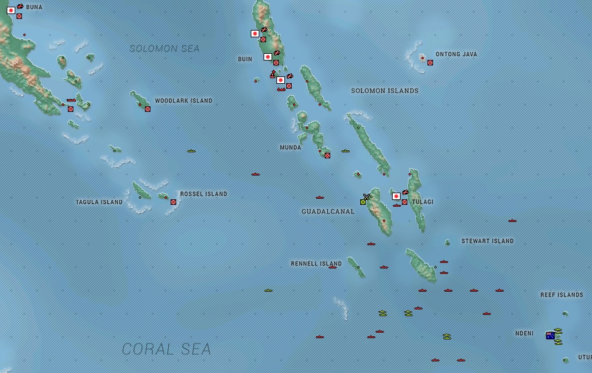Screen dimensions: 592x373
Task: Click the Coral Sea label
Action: [166, 349]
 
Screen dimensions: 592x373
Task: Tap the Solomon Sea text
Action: [165, 48]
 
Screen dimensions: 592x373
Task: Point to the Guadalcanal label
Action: [328, 212]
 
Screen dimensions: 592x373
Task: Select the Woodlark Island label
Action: [183, 101]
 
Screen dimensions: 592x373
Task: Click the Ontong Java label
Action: [456, 54]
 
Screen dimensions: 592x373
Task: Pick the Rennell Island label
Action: [316, 264]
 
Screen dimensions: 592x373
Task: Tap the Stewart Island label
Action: [487, 242]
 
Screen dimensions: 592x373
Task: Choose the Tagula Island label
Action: [99, 202]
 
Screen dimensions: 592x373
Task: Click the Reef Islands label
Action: [561, 295]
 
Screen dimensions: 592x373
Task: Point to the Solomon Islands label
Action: [385, 91]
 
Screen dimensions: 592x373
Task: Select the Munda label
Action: [290, 148]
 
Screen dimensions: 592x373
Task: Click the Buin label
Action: [245, 59]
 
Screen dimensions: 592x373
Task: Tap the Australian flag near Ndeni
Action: [550, 335]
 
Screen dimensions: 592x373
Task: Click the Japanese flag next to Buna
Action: [11, 10]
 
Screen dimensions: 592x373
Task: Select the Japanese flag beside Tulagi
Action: [396, 196]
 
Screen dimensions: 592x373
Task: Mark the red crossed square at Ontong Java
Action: [430, 62]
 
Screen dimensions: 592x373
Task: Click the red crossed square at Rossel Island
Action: [173, 202]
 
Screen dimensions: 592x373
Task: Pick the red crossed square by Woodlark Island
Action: [147, 109]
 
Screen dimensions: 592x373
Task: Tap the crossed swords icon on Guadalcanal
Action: [366, 197]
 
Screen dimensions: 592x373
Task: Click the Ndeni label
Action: [524, 334]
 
